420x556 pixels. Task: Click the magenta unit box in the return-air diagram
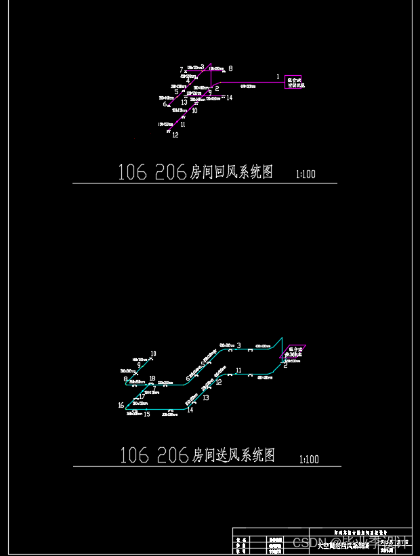coord(293,82)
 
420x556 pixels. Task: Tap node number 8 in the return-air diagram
coord(230,68)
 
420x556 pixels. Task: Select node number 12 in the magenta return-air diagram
coord(175,135)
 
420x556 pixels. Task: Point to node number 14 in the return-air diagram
coord(230,98)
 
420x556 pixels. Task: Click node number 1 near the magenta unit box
coord(278,77)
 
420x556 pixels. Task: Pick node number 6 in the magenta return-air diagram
coord(165,104)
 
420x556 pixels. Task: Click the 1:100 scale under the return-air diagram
coord(306,175)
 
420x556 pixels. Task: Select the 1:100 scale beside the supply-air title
coord(308,460)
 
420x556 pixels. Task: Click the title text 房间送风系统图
coord(234,455)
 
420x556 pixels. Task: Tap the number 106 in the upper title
coord(132,173)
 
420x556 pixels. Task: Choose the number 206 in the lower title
coord(172,455)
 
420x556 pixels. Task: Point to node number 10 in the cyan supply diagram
coord(153,354)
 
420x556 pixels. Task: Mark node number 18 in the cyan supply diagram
coord(152,379)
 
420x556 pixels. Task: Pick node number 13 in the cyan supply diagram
coord(206,398)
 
